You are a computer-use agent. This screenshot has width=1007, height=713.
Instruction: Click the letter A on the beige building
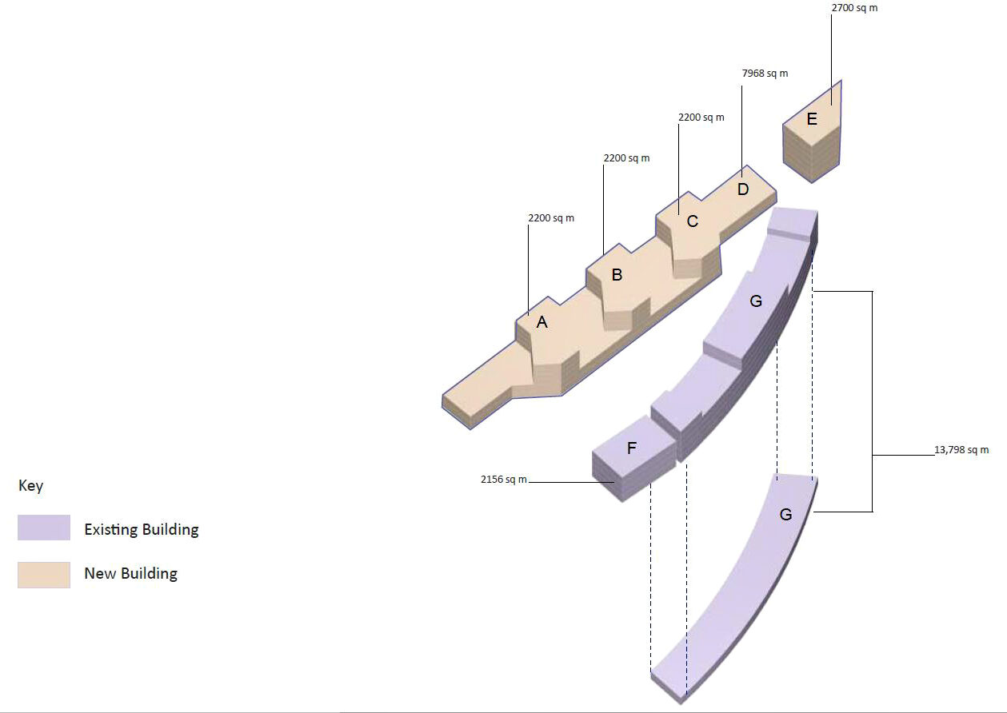542,321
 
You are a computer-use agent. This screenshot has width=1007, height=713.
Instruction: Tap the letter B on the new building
617,274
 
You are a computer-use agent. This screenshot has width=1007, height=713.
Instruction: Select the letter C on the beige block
693,221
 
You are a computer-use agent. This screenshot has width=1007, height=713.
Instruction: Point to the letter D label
743,189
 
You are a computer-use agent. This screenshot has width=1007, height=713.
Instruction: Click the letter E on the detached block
812,119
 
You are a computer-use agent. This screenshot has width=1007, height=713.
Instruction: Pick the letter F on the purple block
632,448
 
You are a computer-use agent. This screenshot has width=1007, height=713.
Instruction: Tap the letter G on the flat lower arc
785,515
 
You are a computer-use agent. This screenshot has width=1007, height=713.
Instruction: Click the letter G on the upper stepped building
756,301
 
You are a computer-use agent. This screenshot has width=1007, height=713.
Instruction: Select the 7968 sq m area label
765,74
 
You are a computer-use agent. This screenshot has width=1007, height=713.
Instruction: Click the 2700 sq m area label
854,8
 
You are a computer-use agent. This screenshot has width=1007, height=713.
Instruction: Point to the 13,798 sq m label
961,450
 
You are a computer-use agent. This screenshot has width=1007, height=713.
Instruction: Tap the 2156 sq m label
504,480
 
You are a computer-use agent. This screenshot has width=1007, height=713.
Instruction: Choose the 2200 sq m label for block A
551,218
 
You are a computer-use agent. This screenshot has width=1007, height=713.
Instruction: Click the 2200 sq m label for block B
627,158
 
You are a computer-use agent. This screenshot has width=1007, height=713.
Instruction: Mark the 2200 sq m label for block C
701,118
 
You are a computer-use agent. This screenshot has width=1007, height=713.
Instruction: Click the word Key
30,486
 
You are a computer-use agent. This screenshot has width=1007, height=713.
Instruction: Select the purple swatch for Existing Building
44,528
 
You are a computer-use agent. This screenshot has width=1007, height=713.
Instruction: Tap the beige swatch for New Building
44,575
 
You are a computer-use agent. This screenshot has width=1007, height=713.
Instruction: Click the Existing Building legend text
142,530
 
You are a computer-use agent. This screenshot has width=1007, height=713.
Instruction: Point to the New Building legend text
131,574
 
